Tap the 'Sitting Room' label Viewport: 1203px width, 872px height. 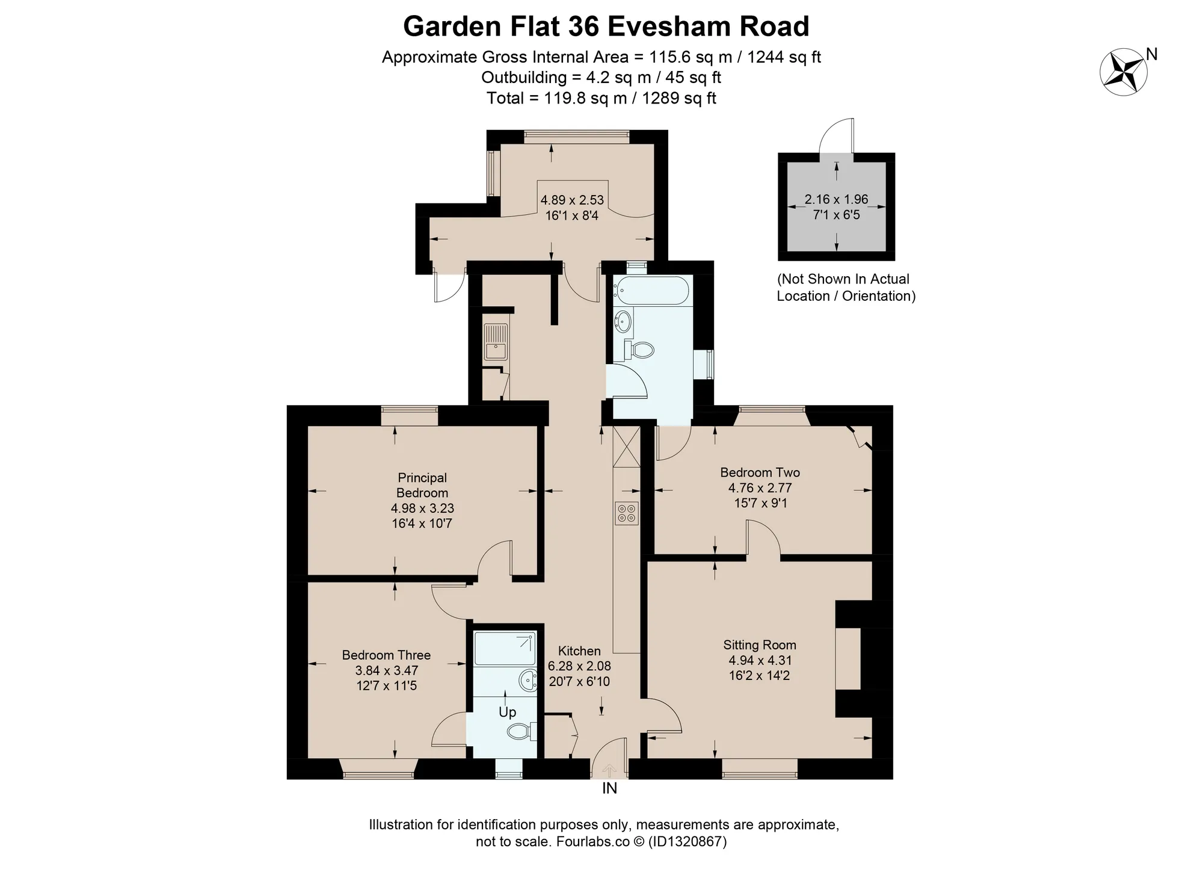tap(760, 645)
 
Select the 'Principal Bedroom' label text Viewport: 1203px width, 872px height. tap(422, 485)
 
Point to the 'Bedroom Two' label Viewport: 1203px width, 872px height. tap(760, 472)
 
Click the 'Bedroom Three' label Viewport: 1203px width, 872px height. tap(386, 655)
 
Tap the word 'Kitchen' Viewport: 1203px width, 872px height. tap(579, 651)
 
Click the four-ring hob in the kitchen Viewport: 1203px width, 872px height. tap(626, 513)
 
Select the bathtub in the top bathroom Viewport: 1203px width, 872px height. tap(651, 290)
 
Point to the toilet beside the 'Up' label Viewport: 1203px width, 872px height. tap(521, 731)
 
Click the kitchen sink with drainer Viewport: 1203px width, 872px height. tap(496, 341)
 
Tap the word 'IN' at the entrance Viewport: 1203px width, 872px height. tap(609, 788)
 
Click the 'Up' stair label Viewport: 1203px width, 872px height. tap(507, 713)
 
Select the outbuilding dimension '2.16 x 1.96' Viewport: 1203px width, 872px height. tap(836, 199)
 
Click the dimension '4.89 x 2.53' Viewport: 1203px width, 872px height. tap(571, 200)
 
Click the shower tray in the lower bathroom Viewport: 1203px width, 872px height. tap(505, 648)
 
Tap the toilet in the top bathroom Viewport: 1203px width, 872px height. tap(639, 349)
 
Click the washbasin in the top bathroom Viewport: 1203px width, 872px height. tap(623, 321)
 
